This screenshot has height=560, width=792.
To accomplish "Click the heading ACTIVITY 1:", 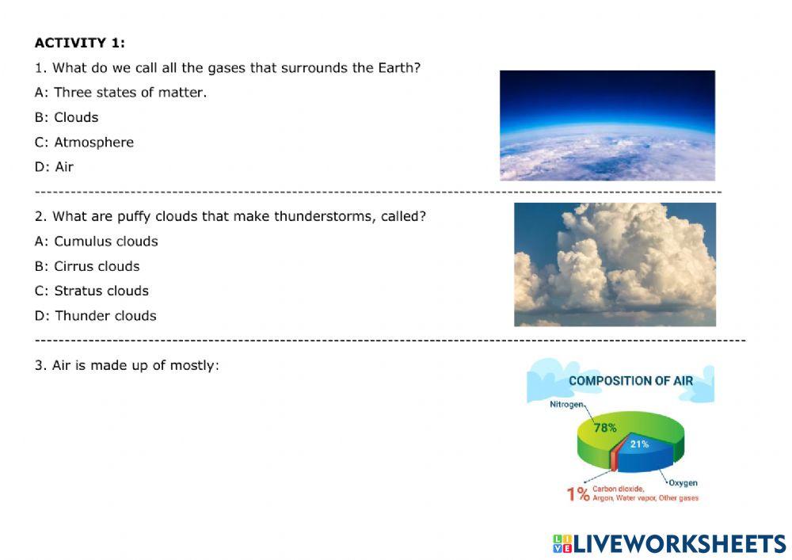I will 79,43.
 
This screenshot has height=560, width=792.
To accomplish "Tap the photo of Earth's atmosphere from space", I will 607,125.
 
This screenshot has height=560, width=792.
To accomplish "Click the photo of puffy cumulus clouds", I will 615,265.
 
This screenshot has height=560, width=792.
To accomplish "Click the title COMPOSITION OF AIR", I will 630,381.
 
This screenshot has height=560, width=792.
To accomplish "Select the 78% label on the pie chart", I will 605,428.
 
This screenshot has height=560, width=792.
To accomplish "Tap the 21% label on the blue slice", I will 639,444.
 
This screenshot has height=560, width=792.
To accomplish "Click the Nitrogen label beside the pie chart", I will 567,404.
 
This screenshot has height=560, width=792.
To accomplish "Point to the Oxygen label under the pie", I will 683,482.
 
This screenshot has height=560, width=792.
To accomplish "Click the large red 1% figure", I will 577,494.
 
